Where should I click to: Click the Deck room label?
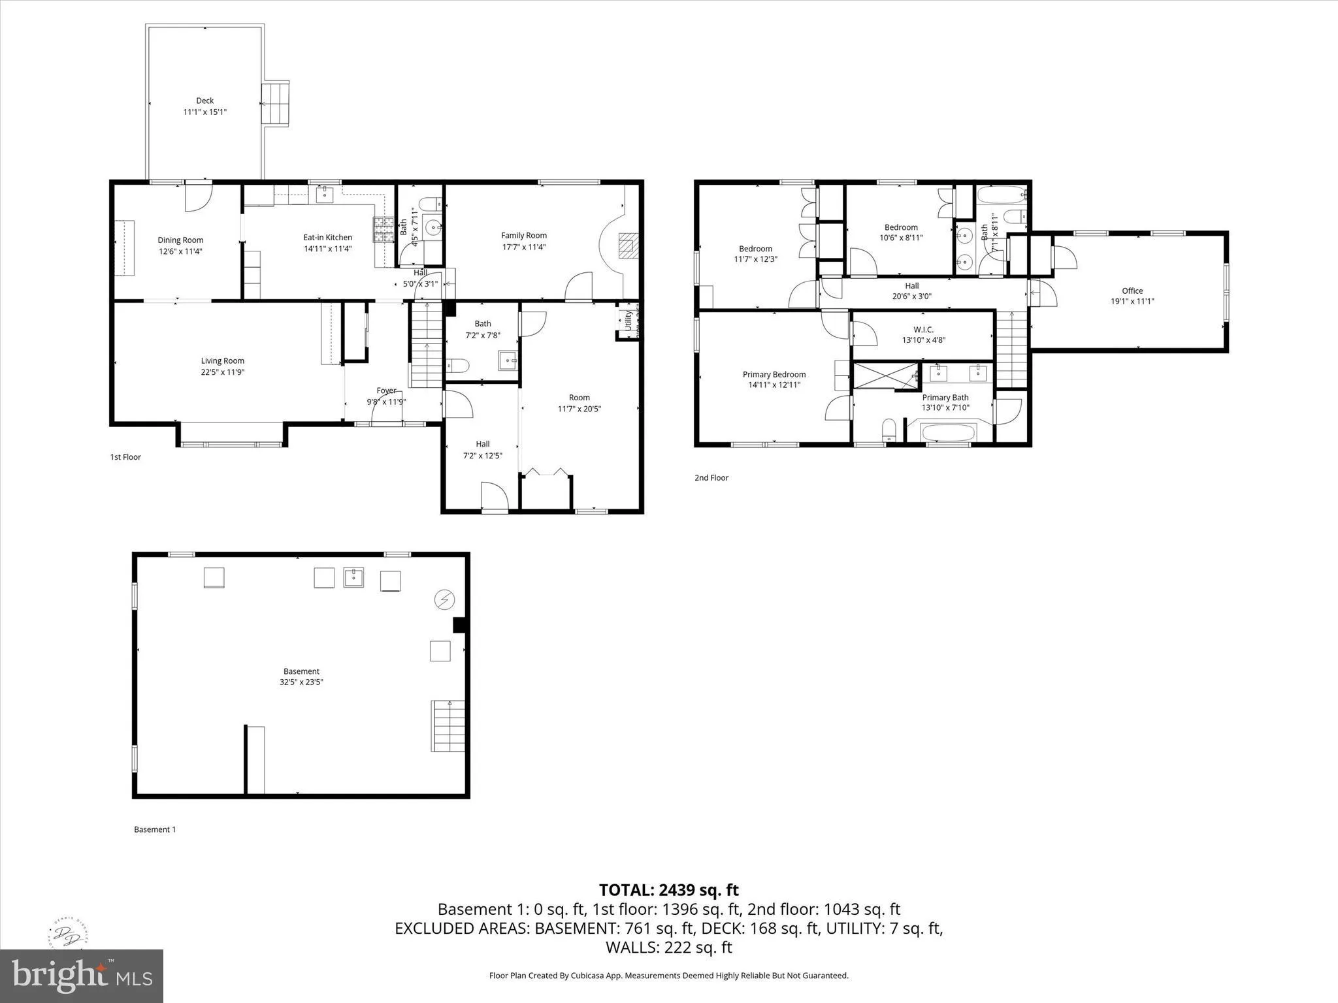[204, 101]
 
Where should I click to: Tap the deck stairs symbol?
[275, 103]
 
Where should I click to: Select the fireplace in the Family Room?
[627, 246]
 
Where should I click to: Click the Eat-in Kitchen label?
[327, 238]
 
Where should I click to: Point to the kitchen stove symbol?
[383, 229]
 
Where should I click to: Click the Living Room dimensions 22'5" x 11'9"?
[222, 372]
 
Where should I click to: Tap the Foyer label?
[386, 390]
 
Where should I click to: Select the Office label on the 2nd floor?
[1132, 291]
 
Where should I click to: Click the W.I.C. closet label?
[923, 329]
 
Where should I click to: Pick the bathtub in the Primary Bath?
[948, 433]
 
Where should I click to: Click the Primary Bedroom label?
[774, 374]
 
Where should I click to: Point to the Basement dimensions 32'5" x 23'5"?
[301, 682]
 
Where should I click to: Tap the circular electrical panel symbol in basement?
[445, 599]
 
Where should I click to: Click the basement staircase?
[448, 725]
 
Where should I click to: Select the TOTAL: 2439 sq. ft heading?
[668, 889]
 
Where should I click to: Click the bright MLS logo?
[82, 976]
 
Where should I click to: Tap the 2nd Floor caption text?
[711, 478]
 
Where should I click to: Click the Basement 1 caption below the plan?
[155, 829]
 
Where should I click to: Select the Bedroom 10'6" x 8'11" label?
[901, 227]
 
